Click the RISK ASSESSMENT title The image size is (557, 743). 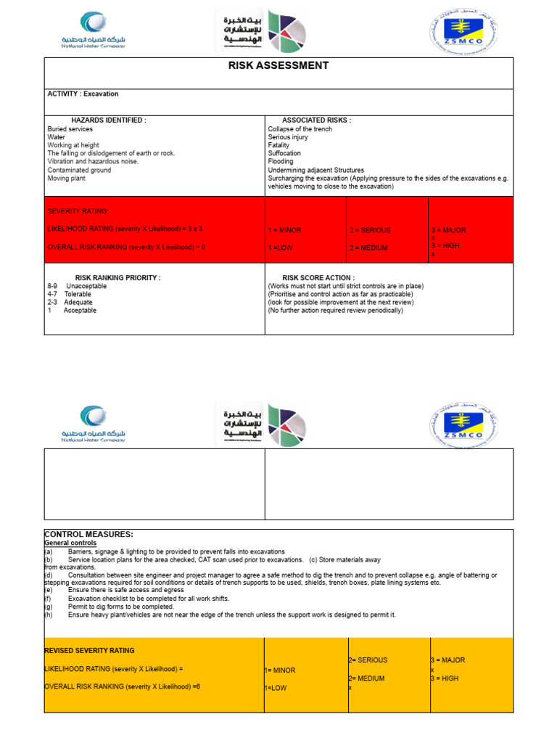pos(278,66)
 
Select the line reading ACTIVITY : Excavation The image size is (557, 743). pos(83,94)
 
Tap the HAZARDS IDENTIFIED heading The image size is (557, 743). pos(109,120)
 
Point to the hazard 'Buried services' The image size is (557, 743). pos(70,129)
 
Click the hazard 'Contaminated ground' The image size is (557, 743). pos(80,170)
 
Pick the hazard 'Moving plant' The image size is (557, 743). pos(67,178)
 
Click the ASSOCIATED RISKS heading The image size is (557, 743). pos(316,120)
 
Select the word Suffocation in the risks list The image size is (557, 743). pos(285,154)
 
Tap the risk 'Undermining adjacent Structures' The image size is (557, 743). pos(316,170)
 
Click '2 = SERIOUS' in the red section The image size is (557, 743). pos(370,230)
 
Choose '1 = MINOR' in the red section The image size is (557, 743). pos(285,230)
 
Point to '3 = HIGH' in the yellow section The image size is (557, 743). pos(445,678)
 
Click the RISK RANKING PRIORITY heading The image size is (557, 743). pos(117,278)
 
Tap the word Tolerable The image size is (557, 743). pos(78,295)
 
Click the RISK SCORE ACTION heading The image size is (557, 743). pos(318,278)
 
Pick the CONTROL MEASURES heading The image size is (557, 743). pos(88,534)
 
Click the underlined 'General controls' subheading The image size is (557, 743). pos(70,543)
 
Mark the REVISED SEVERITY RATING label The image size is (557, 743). pos(89,651)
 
